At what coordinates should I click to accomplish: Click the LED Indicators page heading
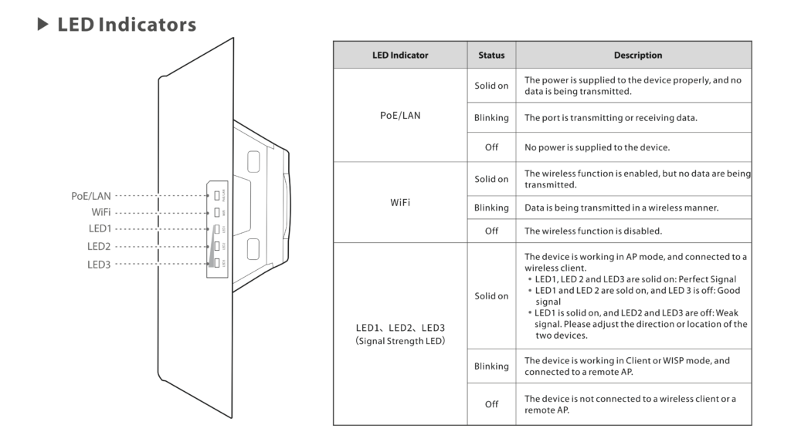(x=127, y=25)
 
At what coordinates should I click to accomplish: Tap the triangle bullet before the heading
(x=42, y=25)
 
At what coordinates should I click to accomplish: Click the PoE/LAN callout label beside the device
(x=91, y=196)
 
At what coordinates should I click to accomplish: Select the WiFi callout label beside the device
(x=100, y=212)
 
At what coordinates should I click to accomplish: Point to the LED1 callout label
(x=100, y=229)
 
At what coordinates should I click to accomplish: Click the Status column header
(x=491, y=56)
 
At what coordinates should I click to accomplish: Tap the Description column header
(x=637, y=56)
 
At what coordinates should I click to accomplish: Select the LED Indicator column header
(x=399, y=56)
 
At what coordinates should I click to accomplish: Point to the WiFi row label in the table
(x=400, y=203)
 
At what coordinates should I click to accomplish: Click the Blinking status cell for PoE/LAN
(x=491, y=118)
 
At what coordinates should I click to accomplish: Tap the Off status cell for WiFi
(x=491, y=231)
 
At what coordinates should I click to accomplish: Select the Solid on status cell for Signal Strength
(x=491, y=296)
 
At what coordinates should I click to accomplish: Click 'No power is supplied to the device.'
(x=597, y=147)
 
